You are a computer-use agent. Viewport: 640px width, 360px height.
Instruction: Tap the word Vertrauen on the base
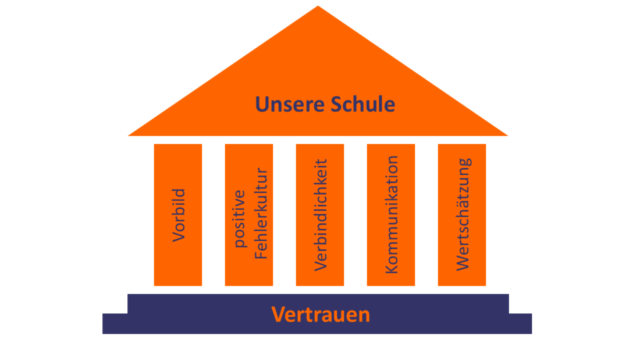321,315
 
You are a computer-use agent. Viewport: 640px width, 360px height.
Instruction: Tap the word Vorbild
179,215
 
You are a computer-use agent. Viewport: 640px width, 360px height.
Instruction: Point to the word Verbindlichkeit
321,215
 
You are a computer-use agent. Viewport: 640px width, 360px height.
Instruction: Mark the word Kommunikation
392,215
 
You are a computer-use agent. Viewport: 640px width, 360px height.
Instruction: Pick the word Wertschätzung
463,215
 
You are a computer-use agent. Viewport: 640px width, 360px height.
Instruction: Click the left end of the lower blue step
105,324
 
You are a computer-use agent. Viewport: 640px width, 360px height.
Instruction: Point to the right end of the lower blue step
529,324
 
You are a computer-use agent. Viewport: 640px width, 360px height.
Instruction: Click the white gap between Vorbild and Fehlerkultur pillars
214,215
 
